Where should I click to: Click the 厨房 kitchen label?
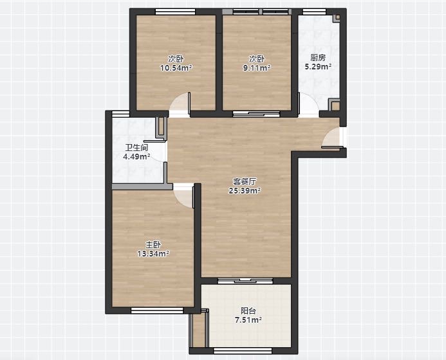tap(318, 58)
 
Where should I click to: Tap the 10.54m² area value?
tap(176, 68)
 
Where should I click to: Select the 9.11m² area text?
tap(257, 68)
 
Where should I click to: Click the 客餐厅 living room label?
tap(245, 181)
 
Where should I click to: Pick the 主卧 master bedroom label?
tap(153, 244)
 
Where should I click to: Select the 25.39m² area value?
tap(245, 191)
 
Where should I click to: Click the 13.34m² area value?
tap(153, 253)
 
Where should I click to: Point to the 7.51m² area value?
tap(248, 320)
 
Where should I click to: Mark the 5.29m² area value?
tap(318, 67)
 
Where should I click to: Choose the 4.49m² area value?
tap(137, 157)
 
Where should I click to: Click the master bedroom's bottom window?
tap(157, 310)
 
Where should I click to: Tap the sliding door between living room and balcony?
tap(245, 281)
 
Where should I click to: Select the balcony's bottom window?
tap(243, 350)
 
